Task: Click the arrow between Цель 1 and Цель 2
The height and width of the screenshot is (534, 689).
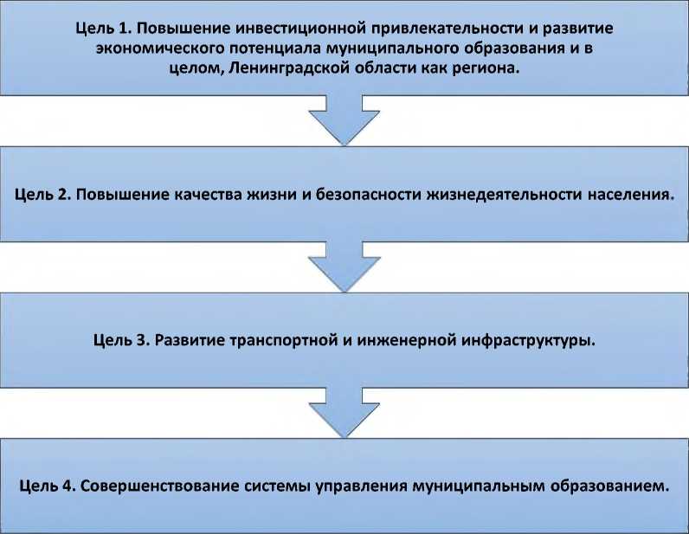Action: (344, 122)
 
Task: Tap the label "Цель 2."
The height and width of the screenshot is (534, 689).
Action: (42, 194)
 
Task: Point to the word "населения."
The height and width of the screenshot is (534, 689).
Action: (625, 194)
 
